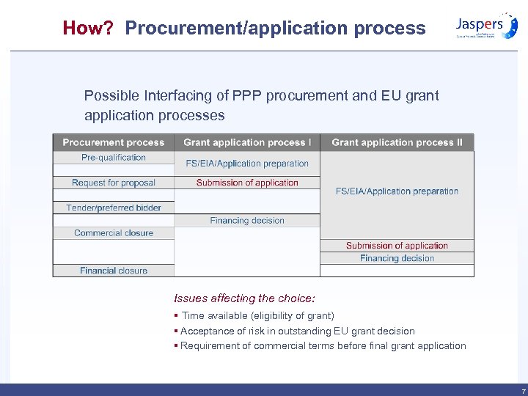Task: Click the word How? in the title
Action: [87, 28]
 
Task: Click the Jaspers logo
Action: [486, 25]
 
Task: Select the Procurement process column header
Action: [114, 142]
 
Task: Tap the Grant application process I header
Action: [247, 142]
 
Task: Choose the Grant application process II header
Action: [397, 142]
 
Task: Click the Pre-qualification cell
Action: [114, 158]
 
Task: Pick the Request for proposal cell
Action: [114, 183]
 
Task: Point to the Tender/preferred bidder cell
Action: [114, 208]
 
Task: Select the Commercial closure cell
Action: [114, 233]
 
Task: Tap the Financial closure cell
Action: [114, 271]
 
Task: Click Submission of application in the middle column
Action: [247, 183]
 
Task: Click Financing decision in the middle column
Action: [247, 220]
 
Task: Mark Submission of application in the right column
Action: [397, 246]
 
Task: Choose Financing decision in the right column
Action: [397, 258]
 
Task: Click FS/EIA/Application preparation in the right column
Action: [397, 191]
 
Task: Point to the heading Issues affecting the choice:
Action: [244, 298]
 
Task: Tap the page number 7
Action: [523, 392]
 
